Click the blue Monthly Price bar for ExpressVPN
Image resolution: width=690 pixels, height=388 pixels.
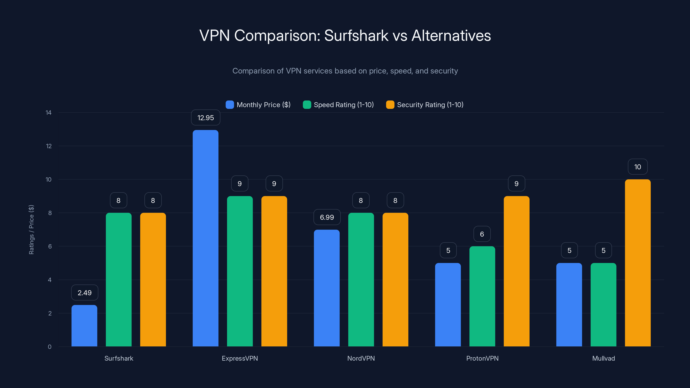[205, 238]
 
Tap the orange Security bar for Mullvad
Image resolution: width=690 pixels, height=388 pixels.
[638, 263]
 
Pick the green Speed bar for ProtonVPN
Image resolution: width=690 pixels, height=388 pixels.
[482, 296]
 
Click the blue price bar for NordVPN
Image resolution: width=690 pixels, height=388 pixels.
[326, 288]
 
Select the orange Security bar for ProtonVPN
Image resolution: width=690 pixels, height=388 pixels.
[516, 271]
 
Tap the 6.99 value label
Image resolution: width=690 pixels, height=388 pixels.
[327, 217]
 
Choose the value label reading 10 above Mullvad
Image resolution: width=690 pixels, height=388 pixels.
[638, 167]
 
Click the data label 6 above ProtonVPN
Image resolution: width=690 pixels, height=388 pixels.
[482, 234]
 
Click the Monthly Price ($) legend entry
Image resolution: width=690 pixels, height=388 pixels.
[258, 105]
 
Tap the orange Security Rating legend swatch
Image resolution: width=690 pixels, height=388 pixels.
[390, 105]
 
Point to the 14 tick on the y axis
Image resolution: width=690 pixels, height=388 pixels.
[49, 113]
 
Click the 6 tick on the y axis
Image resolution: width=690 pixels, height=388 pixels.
[50, 246]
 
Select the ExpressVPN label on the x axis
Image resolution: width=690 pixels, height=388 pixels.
[240, 358]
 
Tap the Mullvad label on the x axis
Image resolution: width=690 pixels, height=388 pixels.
[603, 358]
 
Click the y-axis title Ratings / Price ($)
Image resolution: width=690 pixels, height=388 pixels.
[31, 230]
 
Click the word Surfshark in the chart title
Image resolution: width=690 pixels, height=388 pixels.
[356, 35]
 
